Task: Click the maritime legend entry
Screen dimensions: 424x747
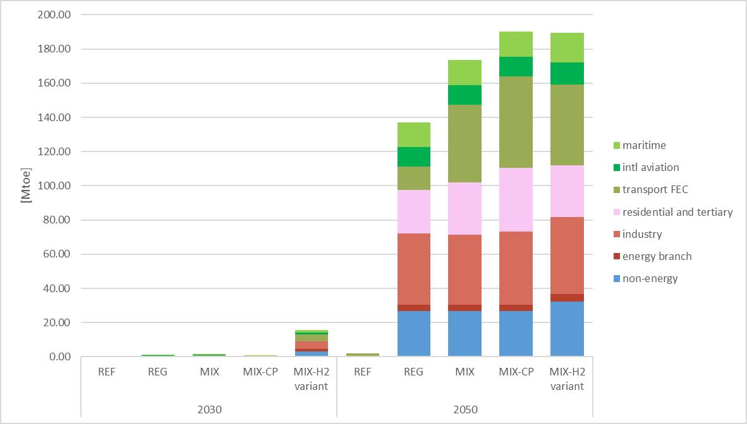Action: [x=643, y=145]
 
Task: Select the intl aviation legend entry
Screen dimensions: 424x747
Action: [x=650, y=167]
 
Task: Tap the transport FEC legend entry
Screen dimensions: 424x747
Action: [x=655, y=189]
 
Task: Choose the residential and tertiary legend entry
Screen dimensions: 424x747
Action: [x=677, y=212]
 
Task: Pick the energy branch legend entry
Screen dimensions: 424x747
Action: [x=657, y=256]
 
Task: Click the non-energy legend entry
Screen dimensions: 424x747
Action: [x=650, y=278]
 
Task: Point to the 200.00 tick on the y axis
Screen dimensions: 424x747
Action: [x=54, y=15]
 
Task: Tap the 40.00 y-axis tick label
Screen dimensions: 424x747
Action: [x=57, y=289]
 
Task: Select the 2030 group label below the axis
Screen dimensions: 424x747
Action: [x=209, y=409]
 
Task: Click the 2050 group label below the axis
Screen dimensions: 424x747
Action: [x=465, y=409]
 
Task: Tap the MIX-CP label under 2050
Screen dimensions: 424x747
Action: [x=516, y=372]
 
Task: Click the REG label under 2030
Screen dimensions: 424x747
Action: [x=157, y=372]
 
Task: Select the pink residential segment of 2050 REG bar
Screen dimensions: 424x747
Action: [x=413, y=211]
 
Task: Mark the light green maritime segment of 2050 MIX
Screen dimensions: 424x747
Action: [x=465, y=73]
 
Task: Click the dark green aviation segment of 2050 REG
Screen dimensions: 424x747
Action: [x=413, y=156]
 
